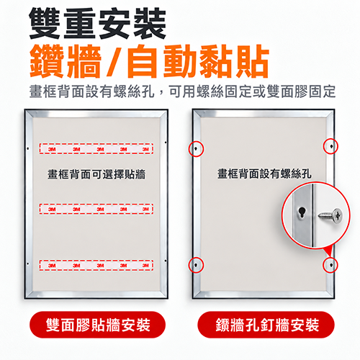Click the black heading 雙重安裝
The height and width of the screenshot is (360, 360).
point(98,24)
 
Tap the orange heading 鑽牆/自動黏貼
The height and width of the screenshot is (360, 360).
point(149,61)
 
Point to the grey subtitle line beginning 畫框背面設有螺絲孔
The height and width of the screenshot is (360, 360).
point(182,91)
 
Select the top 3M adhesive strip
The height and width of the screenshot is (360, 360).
point(96,149)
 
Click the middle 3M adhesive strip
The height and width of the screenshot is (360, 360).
point(96,209)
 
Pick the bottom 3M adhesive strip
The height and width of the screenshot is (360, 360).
point(96,265)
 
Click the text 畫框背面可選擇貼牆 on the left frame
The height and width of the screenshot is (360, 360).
point(96,174)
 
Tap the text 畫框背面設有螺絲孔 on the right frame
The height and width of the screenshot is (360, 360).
point(264,174)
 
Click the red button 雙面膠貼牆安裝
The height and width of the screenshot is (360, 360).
point(98,325)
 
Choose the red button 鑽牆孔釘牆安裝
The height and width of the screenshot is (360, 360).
point(266,325)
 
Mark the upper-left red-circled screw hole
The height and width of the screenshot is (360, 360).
point(196,149)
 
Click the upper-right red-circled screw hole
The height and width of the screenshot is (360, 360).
point(330,146)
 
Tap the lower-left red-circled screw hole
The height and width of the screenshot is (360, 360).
point(196,265)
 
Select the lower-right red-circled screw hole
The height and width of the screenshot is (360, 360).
point(330,265)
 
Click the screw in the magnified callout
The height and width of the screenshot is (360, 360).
point(330,216)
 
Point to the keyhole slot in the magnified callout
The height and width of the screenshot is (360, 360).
point(302,212)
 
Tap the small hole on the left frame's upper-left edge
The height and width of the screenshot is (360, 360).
point(28,148)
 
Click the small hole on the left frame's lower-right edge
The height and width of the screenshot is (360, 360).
point(166,261)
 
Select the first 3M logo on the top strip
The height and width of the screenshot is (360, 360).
point(52,149)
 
